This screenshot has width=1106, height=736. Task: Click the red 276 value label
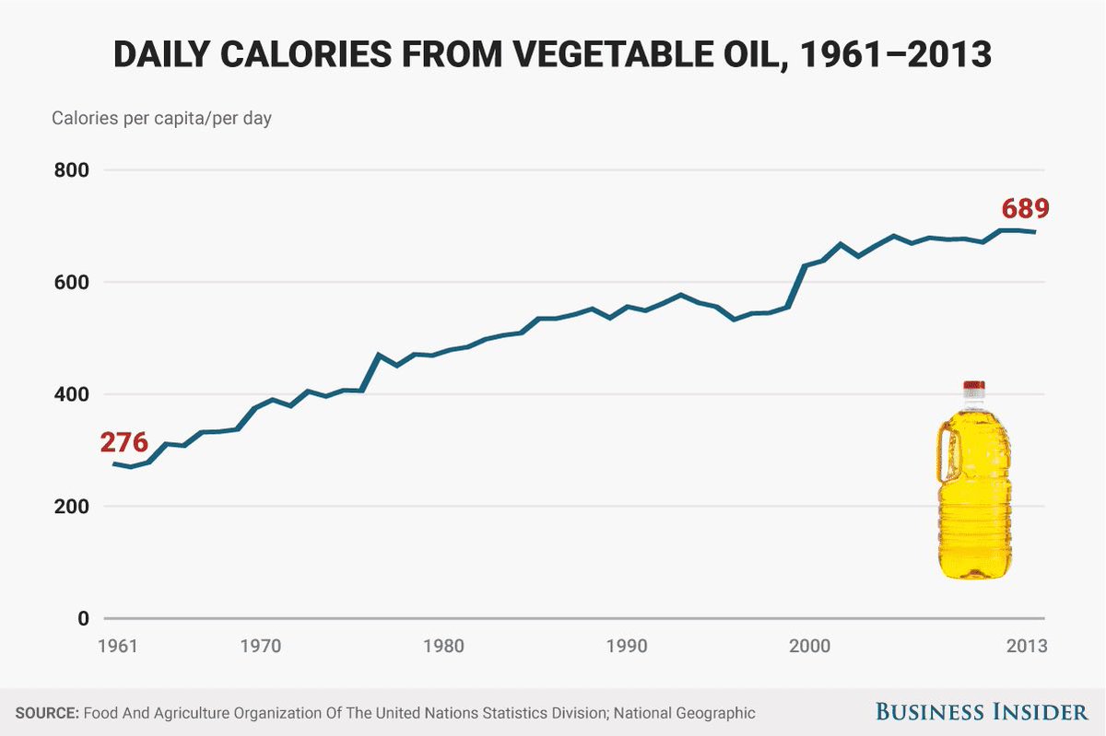pos(124,442)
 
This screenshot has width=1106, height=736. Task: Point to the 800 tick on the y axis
pos(69,170)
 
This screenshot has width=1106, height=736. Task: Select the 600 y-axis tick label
pos(69,282)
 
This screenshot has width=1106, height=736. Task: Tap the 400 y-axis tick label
pos(69,394)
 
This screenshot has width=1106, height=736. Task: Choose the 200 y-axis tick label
pos(69,507)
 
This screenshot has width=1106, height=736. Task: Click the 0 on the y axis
pos(83,618)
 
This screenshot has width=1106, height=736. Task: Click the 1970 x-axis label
pos(260,646)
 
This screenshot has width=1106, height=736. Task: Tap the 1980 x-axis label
pos(443,646)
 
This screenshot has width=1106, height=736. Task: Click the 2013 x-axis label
pos(1026,646)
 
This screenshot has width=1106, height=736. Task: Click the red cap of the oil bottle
pos(974,384)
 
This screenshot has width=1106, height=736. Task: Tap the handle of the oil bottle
pos(946,451)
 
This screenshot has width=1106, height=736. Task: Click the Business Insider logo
pos(981,712)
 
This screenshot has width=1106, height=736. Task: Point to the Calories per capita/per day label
pos(161,119)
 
